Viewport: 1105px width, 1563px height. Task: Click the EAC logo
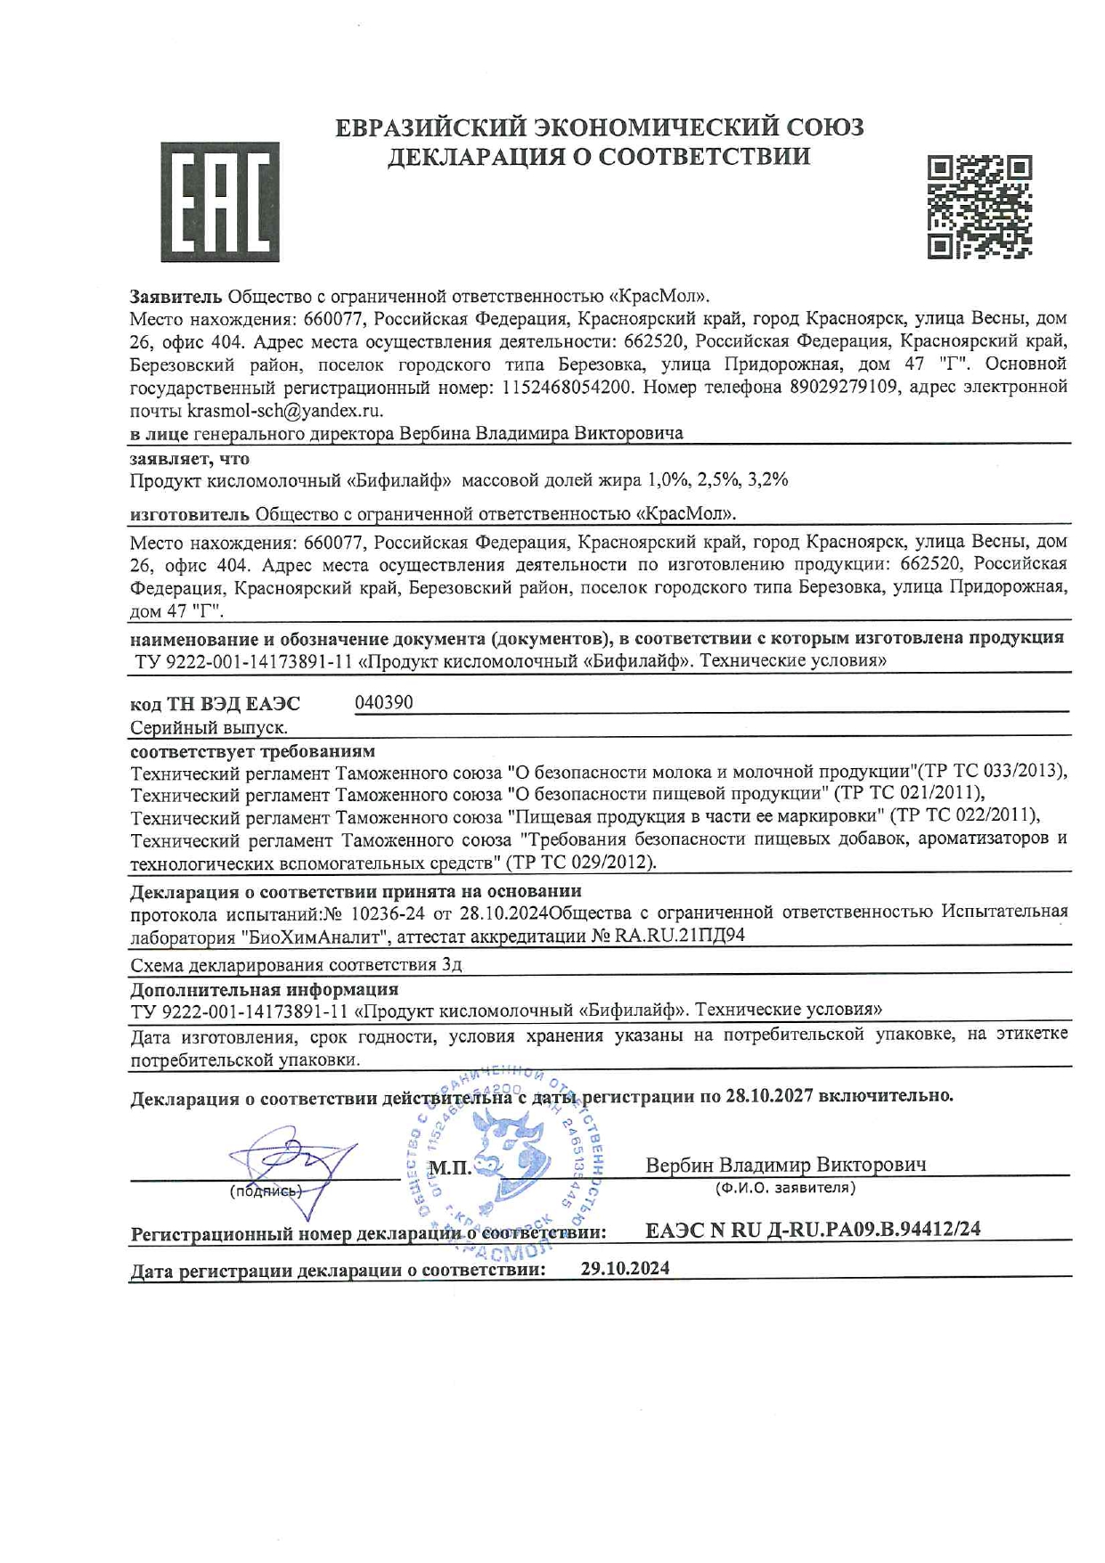coord(219,201)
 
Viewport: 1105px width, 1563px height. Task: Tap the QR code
coord(978,208)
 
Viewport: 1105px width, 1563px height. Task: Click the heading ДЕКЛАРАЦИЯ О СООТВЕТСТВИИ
coord(599,157)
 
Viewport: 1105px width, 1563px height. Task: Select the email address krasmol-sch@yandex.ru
coord(284,411)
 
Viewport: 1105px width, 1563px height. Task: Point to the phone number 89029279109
coord(843,388)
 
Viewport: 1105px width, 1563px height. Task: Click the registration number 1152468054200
coord(569,388)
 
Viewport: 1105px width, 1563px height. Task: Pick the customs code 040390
coord(384,702)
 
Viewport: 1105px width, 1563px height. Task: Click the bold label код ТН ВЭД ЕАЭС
coord(215,704)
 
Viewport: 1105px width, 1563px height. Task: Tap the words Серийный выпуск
coord(209,728)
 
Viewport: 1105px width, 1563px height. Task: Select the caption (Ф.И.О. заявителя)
coord(784,1188)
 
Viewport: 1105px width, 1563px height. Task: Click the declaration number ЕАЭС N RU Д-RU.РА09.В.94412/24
coord(813,1229)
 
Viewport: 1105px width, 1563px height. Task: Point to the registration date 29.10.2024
coord(625,1268)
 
